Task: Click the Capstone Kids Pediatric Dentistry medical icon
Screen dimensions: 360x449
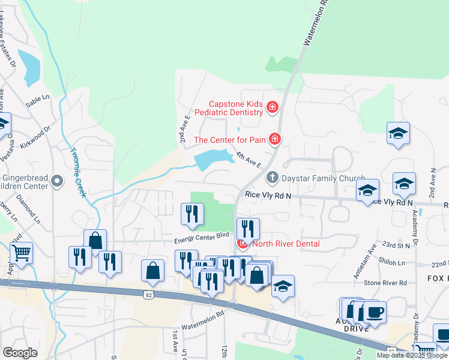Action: (x=272, y=107)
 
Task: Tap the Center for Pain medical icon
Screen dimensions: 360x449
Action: (x=275, y=140)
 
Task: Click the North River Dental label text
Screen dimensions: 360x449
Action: (x=286, y=244)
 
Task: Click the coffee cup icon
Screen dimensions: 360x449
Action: (x=375, y=312)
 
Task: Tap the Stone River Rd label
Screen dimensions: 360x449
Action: (x=386, y=282)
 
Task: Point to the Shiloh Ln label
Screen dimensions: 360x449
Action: (x=393, y=261)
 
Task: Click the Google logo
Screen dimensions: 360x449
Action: (x=20, y=353)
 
